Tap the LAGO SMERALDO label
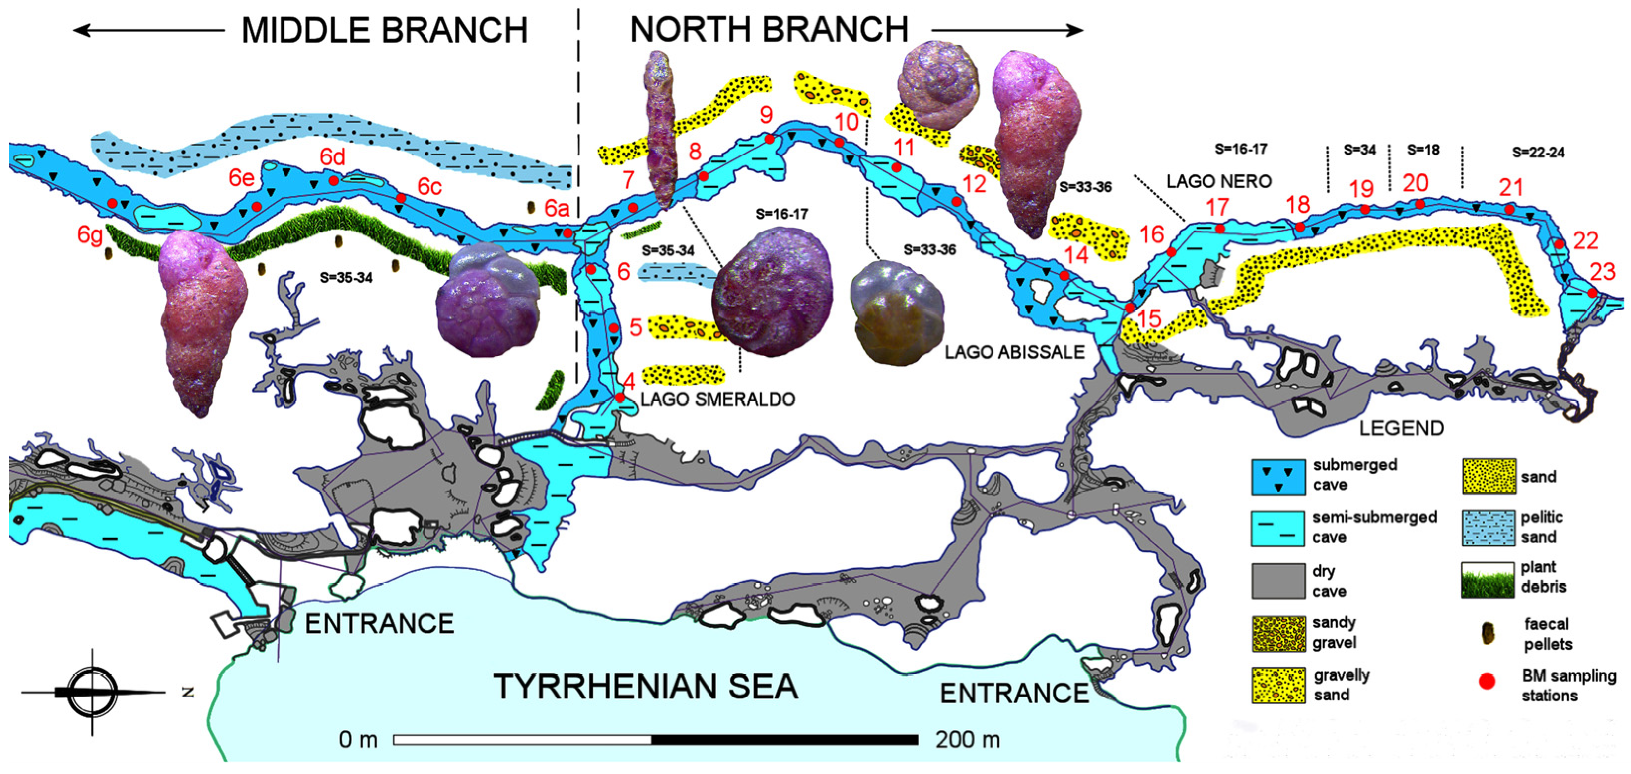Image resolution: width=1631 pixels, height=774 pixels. pos(717,399)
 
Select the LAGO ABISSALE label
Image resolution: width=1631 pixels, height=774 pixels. pos(1014,352)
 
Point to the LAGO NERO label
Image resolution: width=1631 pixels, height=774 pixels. pos(1219,182)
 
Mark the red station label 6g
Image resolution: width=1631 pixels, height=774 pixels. pos(90,234)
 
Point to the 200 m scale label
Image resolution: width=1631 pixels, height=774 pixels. pos(968,739)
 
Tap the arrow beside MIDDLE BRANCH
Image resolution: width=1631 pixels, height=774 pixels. pos(149,30)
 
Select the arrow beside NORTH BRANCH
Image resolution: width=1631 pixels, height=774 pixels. pos(1007,30)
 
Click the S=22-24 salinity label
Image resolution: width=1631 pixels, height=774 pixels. pos(1538,153)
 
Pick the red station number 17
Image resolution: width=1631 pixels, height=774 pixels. pos(1217,207)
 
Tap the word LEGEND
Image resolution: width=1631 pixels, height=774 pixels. pos(1401,428)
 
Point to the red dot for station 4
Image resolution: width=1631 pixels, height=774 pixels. pos(620,397)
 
